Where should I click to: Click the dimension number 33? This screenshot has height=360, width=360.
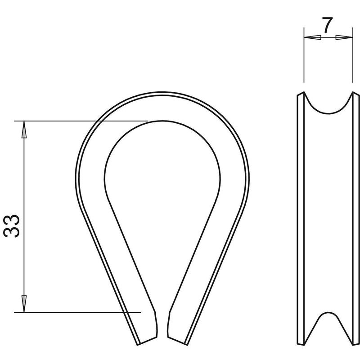(x=12, y=226)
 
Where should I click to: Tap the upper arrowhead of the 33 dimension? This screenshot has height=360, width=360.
(x=24, y=130)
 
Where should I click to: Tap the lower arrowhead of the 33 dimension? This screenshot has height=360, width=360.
(x=24, y=304)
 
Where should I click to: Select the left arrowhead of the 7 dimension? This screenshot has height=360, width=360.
(x=312, y=37)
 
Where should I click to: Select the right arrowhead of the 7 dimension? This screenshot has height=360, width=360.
(x=344, y=37)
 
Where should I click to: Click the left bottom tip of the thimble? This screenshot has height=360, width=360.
(x=138, y=345)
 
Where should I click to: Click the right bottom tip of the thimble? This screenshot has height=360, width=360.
(x=187, y=345)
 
